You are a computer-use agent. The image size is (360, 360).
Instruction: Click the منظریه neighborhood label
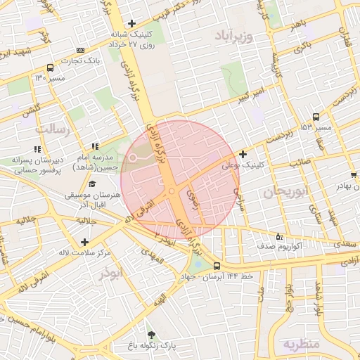coord(302,344)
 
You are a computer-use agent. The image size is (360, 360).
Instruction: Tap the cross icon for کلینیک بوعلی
coord(243,154)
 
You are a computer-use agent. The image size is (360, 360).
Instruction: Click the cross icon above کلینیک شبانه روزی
coord(131,23)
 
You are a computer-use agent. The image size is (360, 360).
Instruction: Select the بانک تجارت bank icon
coord(80,50)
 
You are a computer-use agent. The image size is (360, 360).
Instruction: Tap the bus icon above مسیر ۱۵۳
coord(316,117)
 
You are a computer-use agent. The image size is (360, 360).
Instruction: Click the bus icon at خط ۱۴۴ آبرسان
coord(216,266)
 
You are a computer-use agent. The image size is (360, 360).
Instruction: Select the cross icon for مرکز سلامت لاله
coord(85,242)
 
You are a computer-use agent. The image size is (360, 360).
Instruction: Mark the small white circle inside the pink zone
coord(132,157)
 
